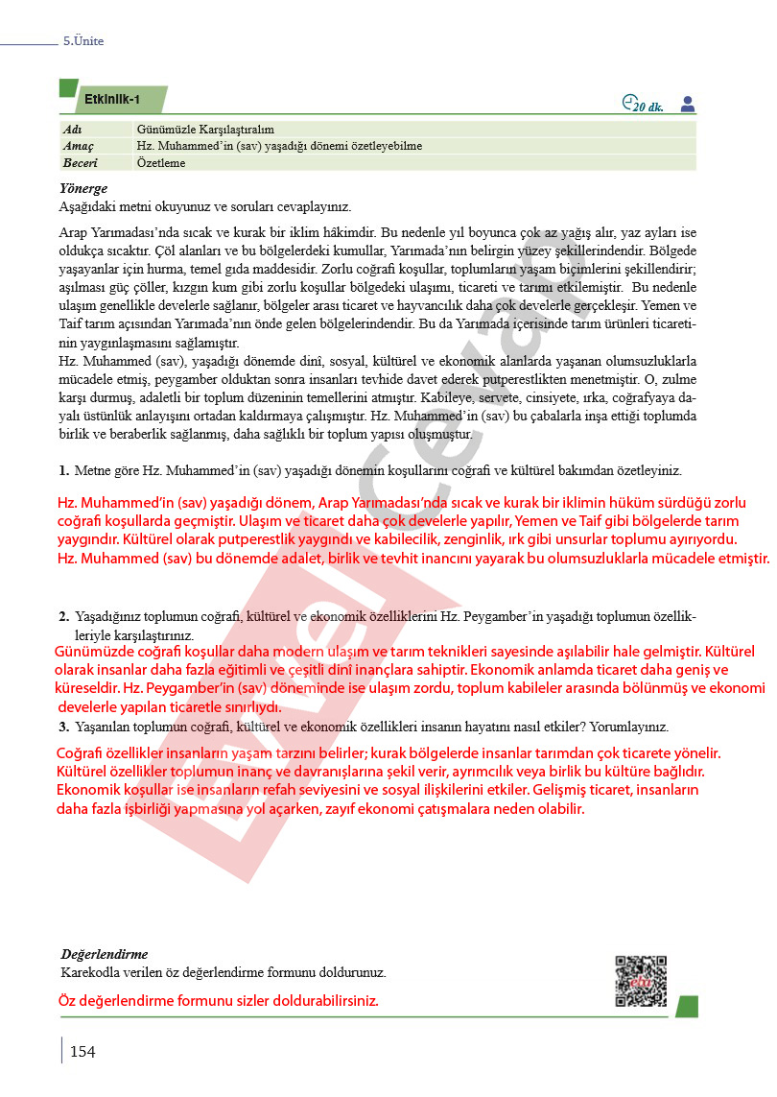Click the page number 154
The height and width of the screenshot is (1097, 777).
[82, 1052]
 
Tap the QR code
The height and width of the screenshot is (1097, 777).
[641, 981]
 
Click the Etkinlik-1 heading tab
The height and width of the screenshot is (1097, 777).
[113, 100]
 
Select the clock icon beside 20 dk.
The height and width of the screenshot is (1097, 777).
[628, 102]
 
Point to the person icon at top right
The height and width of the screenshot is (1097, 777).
[687, 104]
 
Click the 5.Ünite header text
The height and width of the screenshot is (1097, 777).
[83, 41]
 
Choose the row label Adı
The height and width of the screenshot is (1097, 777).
[71, 129]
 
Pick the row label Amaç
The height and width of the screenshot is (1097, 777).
[77, 146]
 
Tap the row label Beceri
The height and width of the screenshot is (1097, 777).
[80, 163]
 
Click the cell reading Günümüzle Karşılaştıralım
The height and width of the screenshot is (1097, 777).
[206, 129]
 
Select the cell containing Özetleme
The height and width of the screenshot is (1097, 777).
[161, 163]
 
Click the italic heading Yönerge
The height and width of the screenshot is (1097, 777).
[83, 189]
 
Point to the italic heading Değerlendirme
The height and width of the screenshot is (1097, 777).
[104, 954]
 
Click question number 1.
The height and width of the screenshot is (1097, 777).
[63, 470]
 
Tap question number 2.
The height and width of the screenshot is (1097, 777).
[63, 616]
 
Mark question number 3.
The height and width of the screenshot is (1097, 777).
[63, 727]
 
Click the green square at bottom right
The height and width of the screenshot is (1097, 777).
[686, 1006]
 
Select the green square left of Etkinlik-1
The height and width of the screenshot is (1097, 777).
[68, 88]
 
